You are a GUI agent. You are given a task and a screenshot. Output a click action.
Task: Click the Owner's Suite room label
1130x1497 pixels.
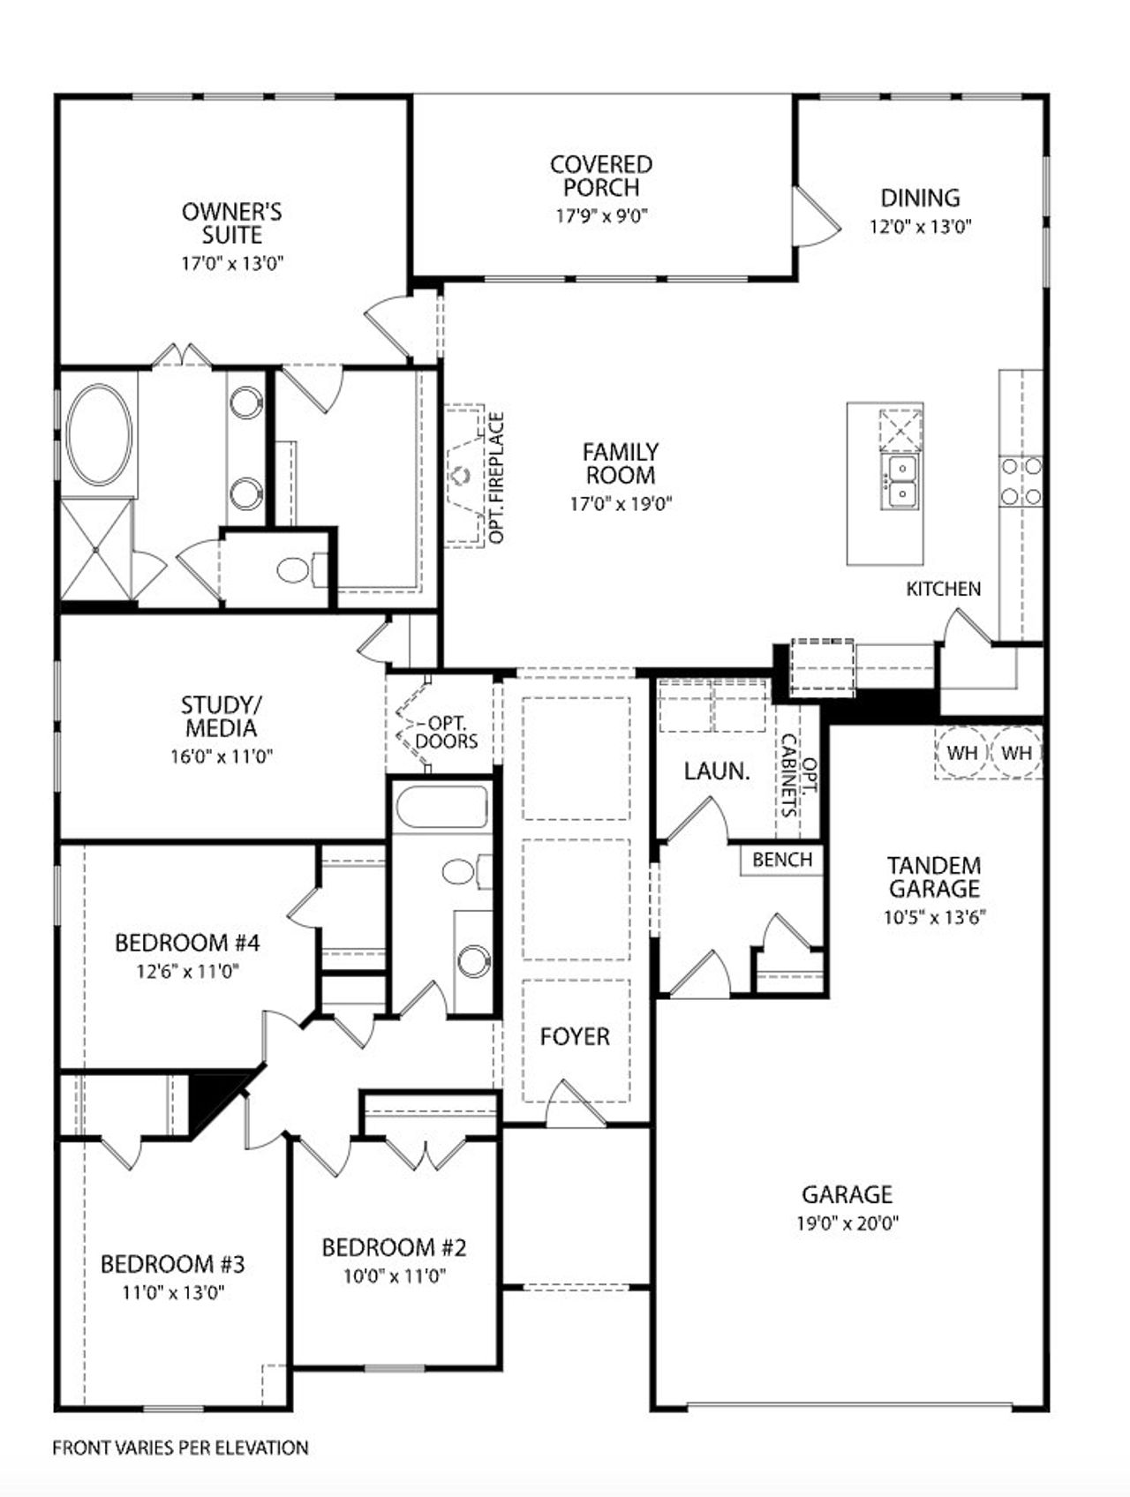click(x=232, y=223)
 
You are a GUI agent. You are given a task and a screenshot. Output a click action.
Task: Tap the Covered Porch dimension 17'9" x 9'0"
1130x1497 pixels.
click(x=601, y=215)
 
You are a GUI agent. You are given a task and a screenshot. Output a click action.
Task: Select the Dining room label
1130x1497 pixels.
click(x=920, y=198)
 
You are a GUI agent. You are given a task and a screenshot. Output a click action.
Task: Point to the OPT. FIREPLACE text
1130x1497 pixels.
click(x=497, y=478)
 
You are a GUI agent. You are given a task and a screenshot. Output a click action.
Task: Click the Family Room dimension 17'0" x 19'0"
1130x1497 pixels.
click(x=621, y=504)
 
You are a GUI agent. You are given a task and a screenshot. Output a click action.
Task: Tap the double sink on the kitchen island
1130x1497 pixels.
click(x=902, y=481)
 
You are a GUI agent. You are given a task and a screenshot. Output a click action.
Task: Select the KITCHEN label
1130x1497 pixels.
click(x=943, y=589)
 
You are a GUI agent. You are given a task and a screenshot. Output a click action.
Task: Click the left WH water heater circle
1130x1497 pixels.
click(x=961, y=753)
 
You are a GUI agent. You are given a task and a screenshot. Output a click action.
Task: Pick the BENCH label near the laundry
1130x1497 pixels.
click(x=782, y=859)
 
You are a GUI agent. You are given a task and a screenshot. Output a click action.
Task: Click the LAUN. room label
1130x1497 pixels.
click(x=717, y=771)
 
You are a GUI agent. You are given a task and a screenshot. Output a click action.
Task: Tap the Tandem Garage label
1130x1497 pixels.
click(x=934, y=876)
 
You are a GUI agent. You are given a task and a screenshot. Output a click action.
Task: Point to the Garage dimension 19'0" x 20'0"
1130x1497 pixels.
click(x=847, y=1223)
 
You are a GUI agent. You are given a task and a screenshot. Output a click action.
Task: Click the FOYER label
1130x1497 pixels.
click(x=575, y=1036)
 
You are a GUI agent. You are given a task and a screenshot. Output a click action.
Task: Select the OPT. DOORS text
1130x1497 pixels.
click(x=447, y=733)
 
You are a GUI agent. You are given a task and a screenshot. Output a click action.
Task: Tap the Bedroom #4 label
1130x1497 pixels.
click(x=187, y=943)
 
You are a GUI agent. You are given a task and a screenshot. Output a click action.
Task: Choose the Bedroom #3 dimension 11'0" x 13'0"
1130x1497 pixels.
click(x=173, y=1292)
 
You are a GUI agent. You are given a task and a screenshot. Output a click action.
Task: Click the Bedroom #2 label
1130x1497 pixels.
click(x=394, y=1247)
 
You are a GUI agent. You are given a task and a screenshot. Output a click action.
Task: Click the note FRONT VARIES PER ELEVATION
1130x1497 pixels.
click(x=180, y=1448)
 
